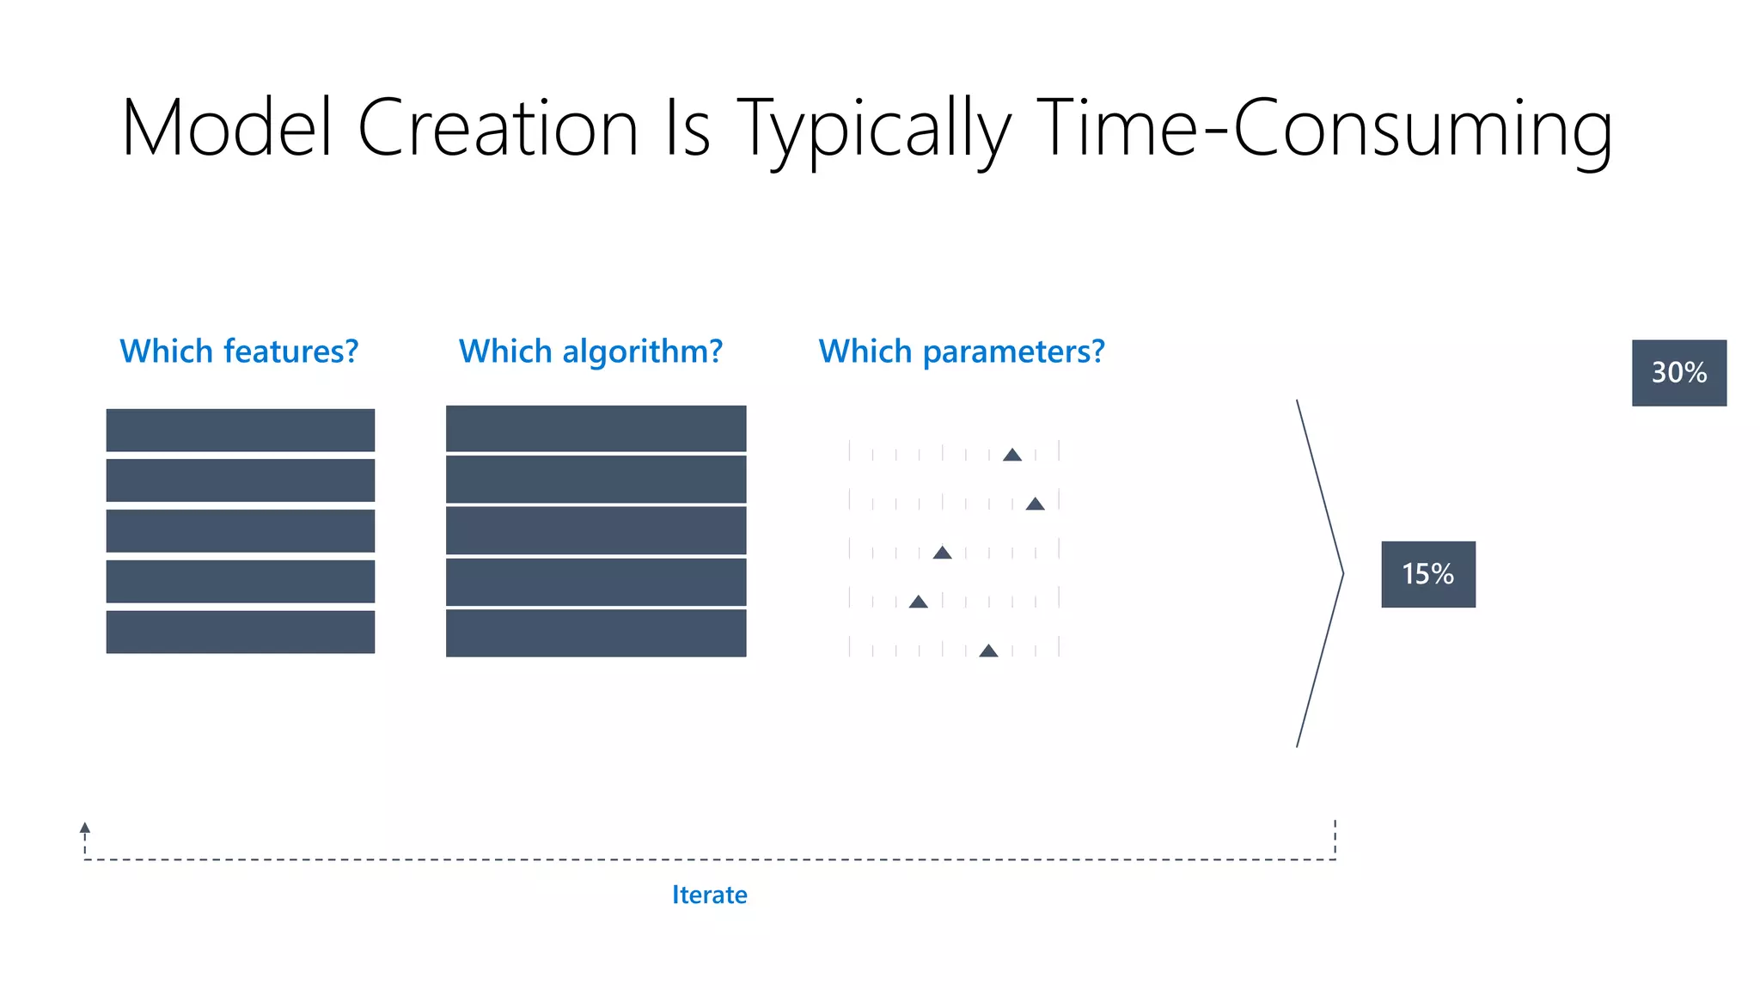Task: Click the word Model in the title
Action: [227, 128]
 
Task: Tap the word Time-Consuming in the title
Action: [1323, 128]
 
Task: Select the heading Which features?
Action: [239, 351]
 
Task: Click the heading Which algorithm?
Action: [590, 351]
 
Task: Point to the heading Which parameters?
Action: [961, 351]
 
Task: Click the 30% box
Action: [1678, 373]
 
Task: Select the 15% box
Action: [1427, 574]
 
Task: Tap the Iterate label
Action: [709, 895]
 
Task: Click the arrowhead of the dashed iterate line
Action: [85, 828]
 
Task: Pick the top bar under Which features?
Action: [240, 430]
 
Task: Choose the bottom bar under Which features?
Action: [240, 632]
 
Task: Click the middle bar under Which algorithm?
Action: [596, 530]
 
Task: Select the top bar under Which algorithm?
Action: [596, 428]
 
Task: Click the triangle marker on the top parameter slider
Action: [1012, 455]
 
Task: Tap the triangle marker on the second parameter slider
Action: [1035, 504]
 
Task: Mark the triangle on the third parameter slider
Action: [942, 553]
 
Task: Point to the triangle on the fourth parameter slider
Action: [918, 602]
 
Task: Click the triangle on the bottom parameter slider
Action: [988, 651]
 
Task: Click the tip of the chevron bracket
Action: [1341, 573]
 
